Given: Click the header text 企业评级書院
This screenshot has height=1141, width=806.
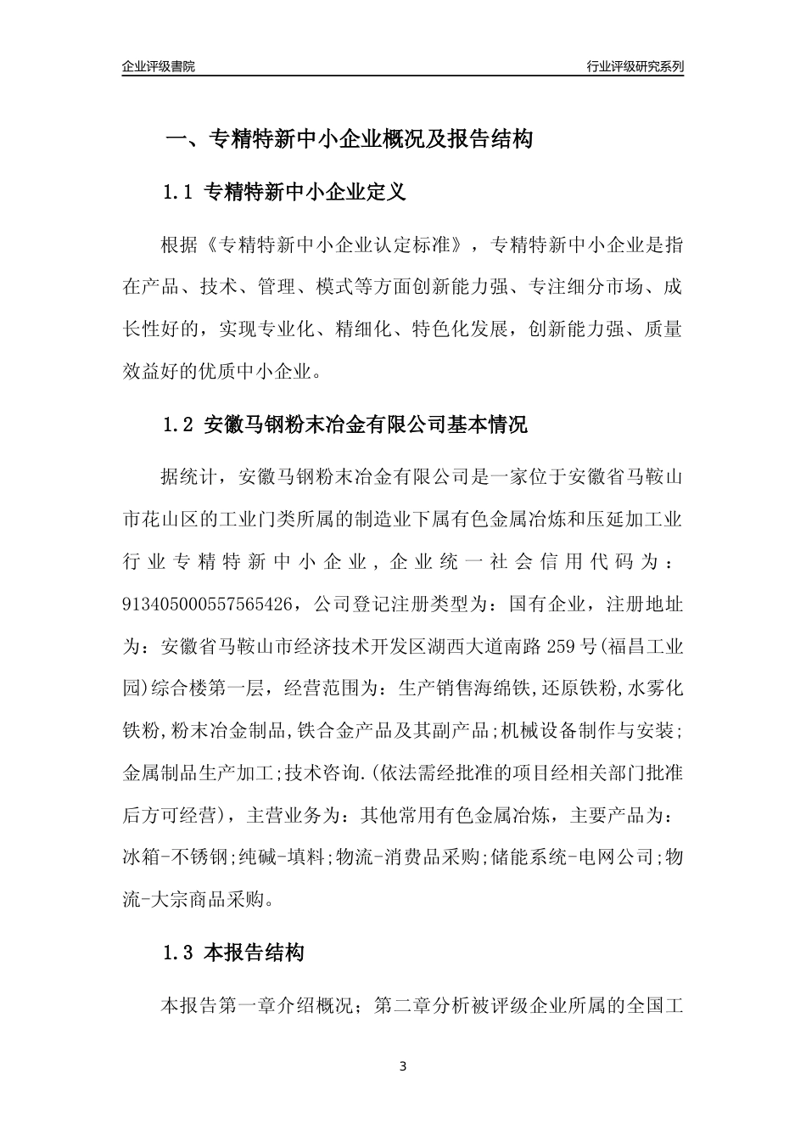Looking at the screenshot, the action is coord(159,66).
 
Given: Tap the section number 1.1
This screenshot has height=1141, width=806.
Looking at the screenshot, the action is coord(178,193).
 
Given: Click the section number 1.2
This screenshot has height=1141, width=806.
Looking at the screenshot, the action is coord(178,424).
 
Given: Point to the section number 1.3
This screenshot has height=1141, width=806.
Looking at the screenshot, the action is coord(178,953).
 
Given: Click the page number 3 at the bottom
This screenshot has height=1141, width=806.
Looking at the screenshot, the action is coord(403,1066).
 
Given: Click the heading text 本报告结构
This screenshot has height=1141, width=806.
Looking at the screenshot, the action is coord(255,953).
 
